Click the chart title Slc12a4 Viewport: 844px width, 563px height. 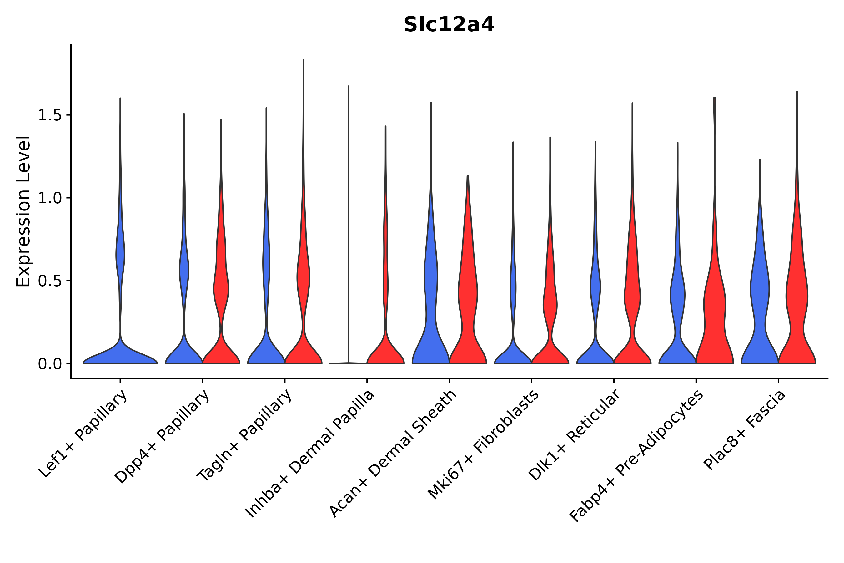pyautogui.click(x=449, y=25)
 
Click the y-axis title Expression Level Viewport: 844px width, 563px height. pyautogui.click(x=23, y=211)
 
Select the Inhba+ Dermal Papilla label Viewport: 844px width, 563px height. pyautogui.click(x=310, y=454)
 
